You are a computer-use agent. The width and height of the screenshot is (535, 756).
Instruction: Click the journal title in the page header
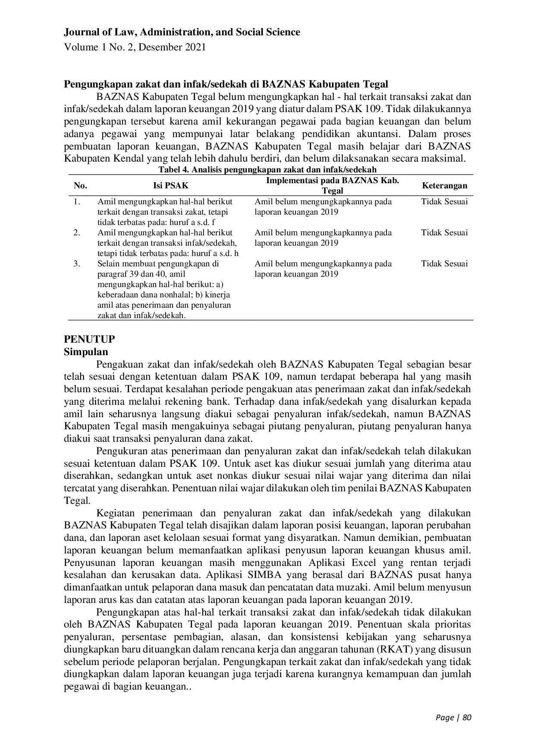(x=182, y=32)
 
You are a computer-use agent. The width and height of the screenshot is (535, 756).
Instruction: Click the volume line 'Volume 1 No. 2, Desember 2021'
(x=135, y=47)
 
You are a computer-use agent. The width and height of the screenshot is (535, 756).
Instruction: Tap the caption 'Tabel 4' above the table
(x=267, y=169)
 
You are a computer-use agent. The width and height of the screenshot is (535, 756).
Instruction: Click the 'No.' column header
(x=80, y=186)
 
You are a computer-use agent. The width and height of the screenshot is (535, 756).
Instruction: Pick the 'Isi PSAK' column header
(x=171, y=186)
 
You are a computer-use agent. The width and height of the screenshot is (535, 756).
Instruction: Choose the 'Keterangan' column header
(x=444, y=186)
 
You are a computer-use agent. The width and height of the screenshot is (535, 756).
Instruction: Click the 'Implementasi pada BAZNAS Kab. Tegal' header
(x=332, y=185)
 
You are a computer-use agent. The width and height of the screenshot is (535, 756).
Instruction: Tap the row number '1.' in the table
(x=77, y=201)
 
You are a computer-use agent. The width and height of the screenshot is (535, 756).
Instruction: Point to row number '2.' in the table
(x=77, y=232)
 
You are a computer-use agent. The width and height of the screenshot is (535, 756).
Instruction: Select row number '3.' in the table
(x=77, y=263)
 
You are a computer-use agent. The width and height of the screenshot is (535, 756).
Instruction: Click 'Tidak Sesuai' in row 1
(x=444, y=201)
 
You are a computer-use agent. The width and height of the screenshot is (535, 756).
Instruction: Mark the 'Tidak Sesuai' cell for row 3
(x=444, y=263)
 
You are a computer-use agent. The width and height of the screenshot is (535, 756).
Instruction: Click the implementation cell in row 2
(x=323, y=237)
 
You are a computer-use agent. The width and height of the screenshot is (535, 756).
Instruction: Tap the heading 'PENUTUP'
(x=89, y=339)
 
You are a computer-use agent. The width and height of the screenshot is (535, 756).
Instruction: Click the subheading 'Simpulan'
(x=86, y=351)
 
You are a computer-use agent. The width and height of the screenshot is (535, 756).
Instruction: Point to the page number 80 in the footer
(x=466, y=718)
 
